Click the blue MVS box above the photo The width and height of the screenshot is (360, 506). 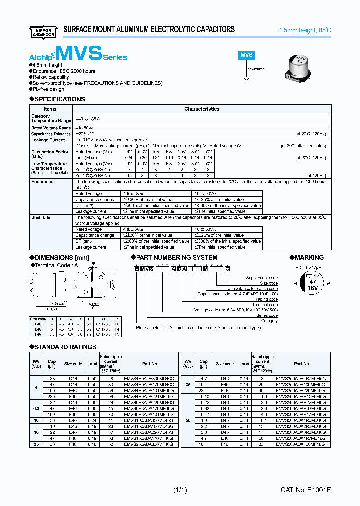coord(247,55)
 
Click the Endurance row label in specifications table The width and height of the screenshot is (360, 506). coord(43,182)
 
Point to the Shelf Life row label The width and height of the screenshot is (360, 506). coord(41,217)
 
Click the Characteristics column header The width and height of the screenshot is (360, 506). coord(202,109)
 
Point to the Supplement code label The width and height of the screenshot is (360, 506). coord(262,278)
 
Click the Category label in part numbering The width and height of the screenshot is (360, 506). coord(269,321)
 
